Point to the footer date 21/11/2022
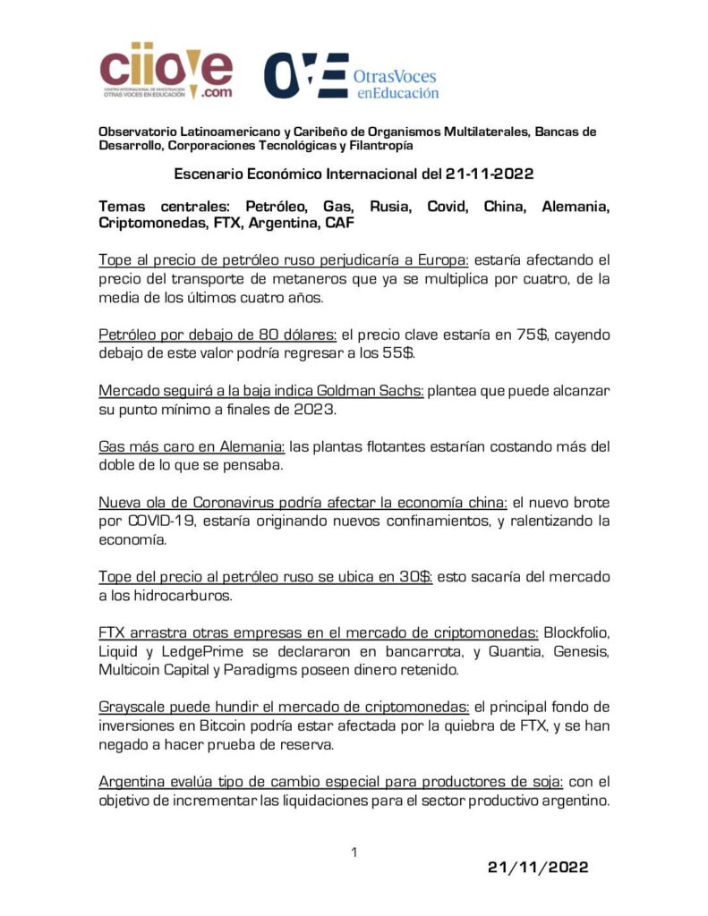538,867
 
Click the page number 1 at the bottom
354,852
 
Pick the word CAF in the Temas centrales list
326,224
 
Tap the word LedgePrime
193,651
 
